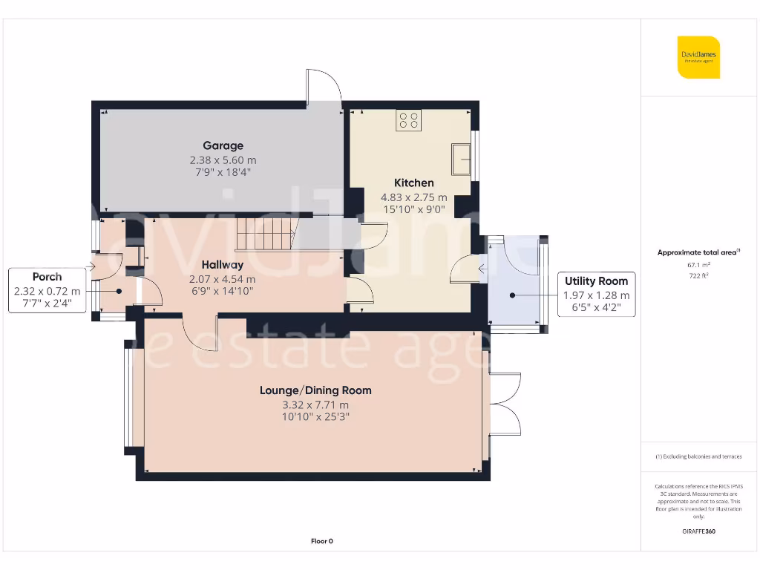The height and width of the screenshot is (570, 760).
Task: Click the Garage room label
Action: [x=223, y=145]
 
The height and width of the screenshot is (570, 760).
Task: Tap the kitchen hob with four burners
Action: [x=408, y=120]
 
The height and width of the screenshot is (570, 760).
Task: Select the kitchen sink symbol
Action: [x=461, y=159]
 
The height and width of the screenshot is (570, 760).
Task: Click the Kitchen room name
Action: [x=413, y=183]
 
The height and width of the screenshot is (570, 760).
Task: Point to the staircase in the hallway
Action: [x=266, y=234]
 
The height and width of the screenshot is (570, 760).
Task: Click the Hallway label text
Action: [x=223, y=264]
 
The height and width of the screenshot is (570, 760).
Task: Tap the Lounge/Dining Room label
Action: [x=315, y=390]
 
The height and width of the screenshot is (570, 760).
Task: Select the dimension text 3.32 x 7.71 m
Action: [x=315, y=404]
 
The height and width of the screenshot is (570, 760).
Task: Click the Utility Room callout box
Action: [x=596, y=294]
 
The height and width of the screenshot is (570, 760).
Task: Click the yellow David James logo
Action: [x=698, y=57]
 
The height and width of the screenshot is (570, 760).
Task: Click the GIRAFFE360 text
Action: [x=698, y=531]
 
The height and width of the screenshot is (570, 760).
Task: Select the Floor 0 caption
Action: [x=321, y=541]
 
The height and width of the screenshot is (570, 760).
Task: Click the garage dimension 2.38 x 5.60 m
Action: [x=223, y=160]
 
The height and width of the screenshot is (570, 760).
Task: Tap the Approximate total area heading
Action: [x=698, y=252]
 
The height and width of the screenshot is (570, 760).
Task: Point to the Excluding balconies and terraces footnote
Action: [x=698, y=456]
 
